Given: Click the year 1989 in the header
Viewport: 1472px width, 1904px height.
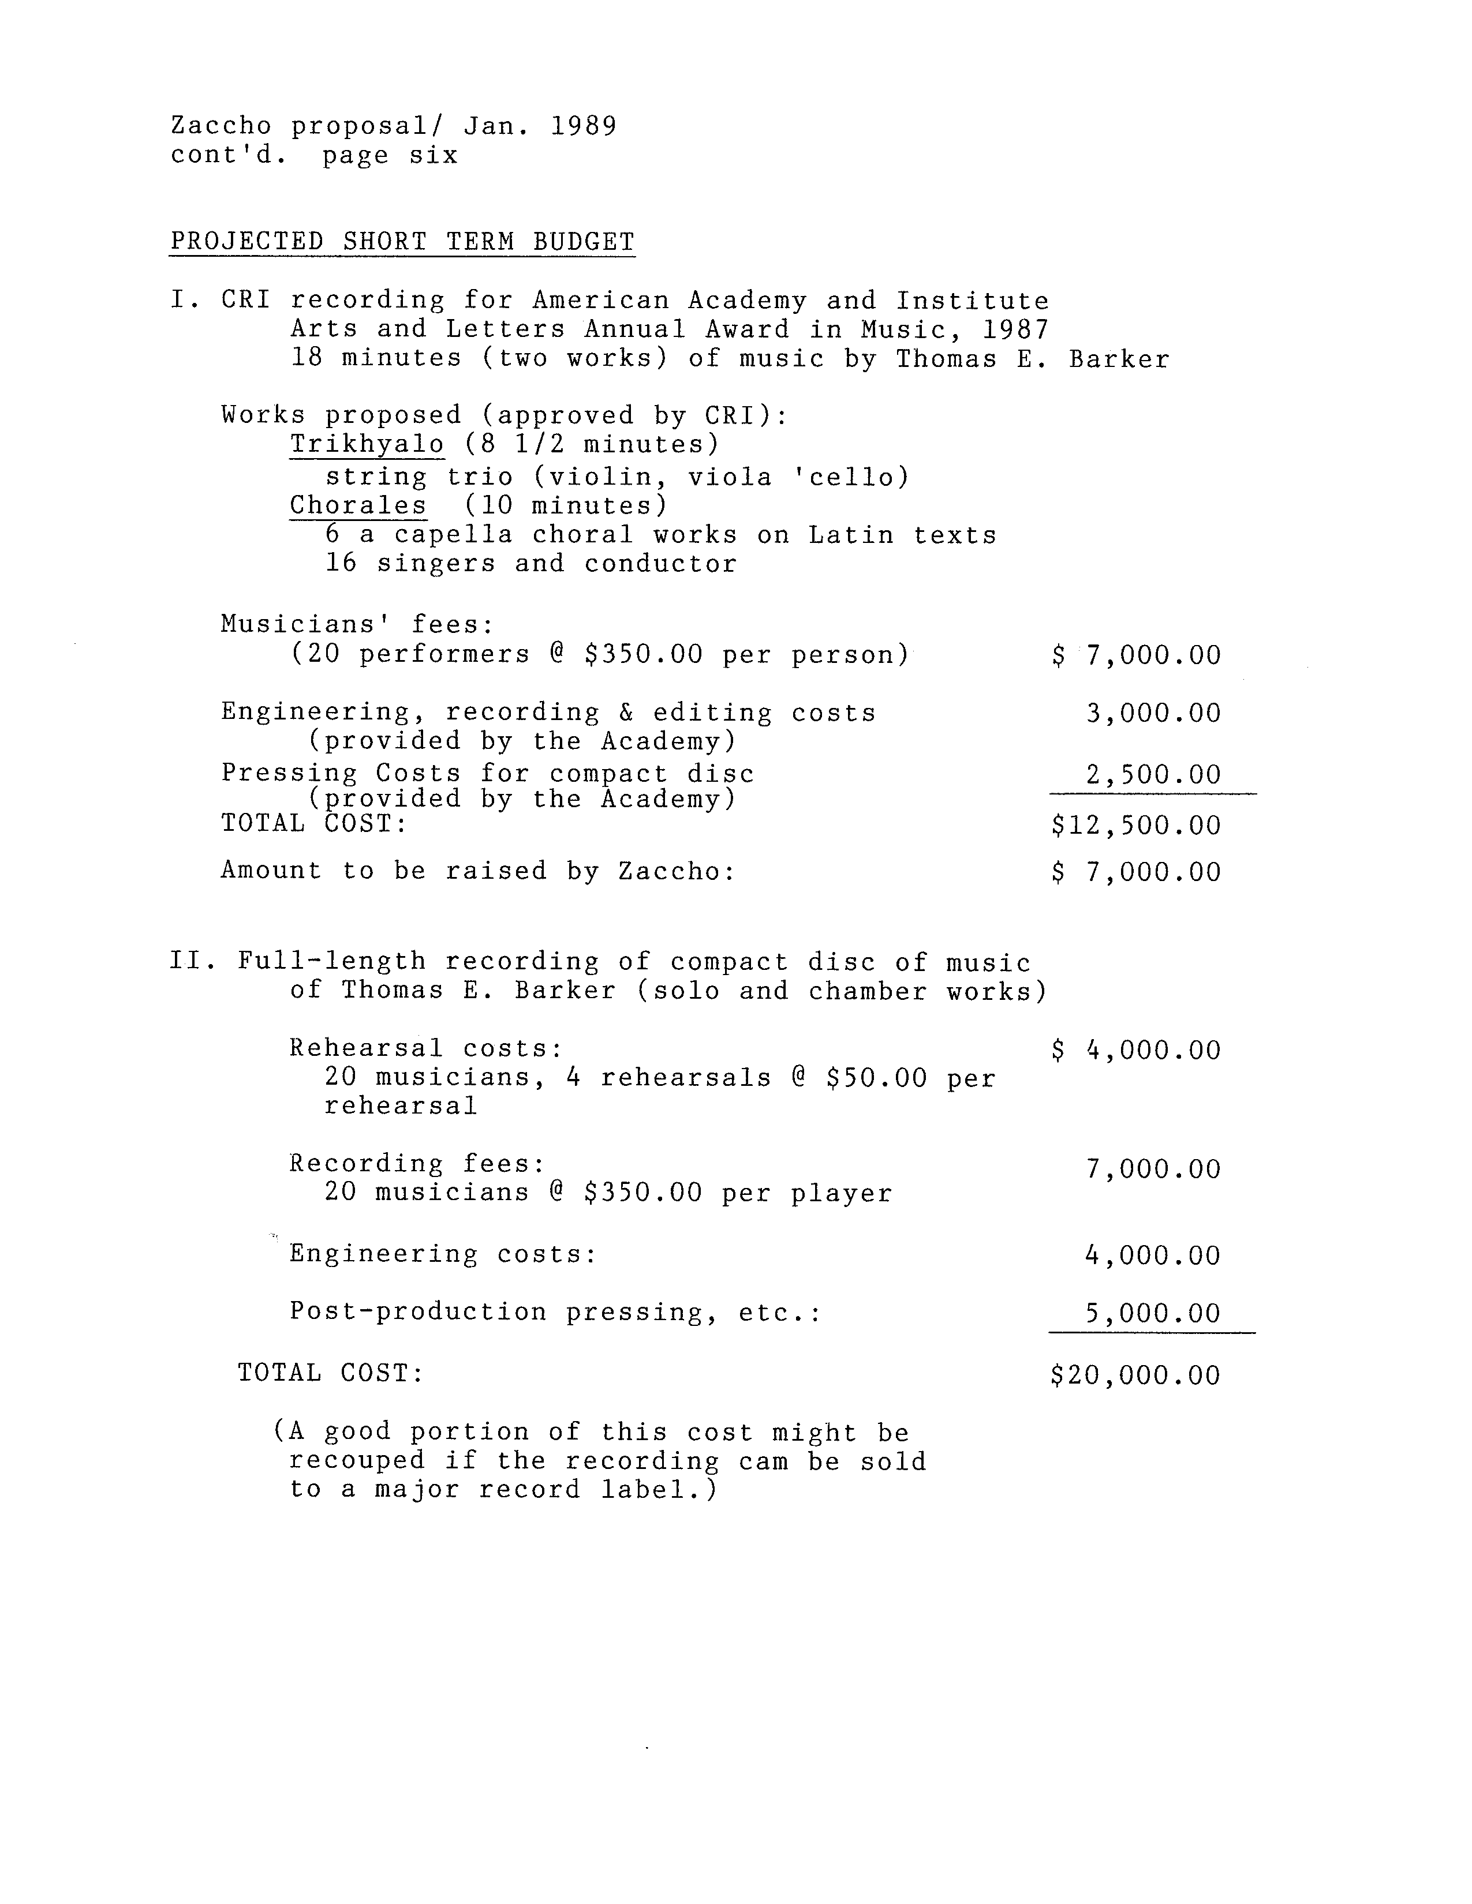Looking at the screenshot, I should pyautogui.click(x=584, y=126).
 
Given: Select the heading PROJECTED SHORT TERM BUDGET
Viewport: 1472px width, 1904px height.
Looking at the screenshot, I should pyautogui.click(x=402, y=242).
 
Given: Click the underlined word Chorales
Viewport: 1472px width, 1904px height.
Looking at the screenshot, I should pyautogui.click(x=357, y=505).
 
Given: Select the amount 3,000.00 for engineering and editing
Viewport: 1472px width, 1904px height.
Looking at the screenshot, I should pyautogui.click(x=1153, y=713).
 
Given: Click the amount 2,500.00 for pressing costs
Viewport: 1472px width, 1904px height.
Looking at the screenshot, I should pyautogui.click(x=1153, y=774).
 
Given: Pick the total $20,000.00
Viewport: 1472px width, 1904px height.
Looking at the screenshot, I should pyautogui.click(x=1135, y=1375).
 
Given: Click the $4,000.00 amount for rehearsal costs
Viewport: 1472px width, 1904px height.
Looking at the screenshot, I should pyautogui.click(x=1135, y=1051).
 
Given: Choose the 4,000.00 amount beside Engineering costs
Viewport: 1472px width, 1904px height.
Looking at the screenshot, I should pyautogui.click(x=1153, y=1255).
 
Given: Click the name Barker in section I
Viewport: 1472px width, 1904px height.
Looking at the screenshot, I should pyautogui.click(x=1119, y=359).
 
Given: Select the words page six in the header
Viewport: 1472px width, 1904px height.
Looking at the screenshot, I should pyautogui.click(x=390, y=156).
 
